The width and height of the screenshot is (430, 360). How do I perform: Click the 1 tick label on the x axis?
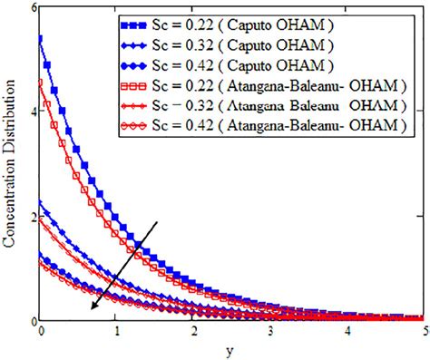point(117,332)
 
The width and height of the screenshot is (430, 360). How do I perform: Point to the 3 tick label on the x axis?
point(270,332)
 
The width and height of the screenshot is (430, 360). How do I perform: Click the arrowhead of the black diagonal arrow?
point(91,308)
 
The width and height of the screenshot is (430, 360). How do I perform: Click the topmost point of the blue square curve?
point(40,38)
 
